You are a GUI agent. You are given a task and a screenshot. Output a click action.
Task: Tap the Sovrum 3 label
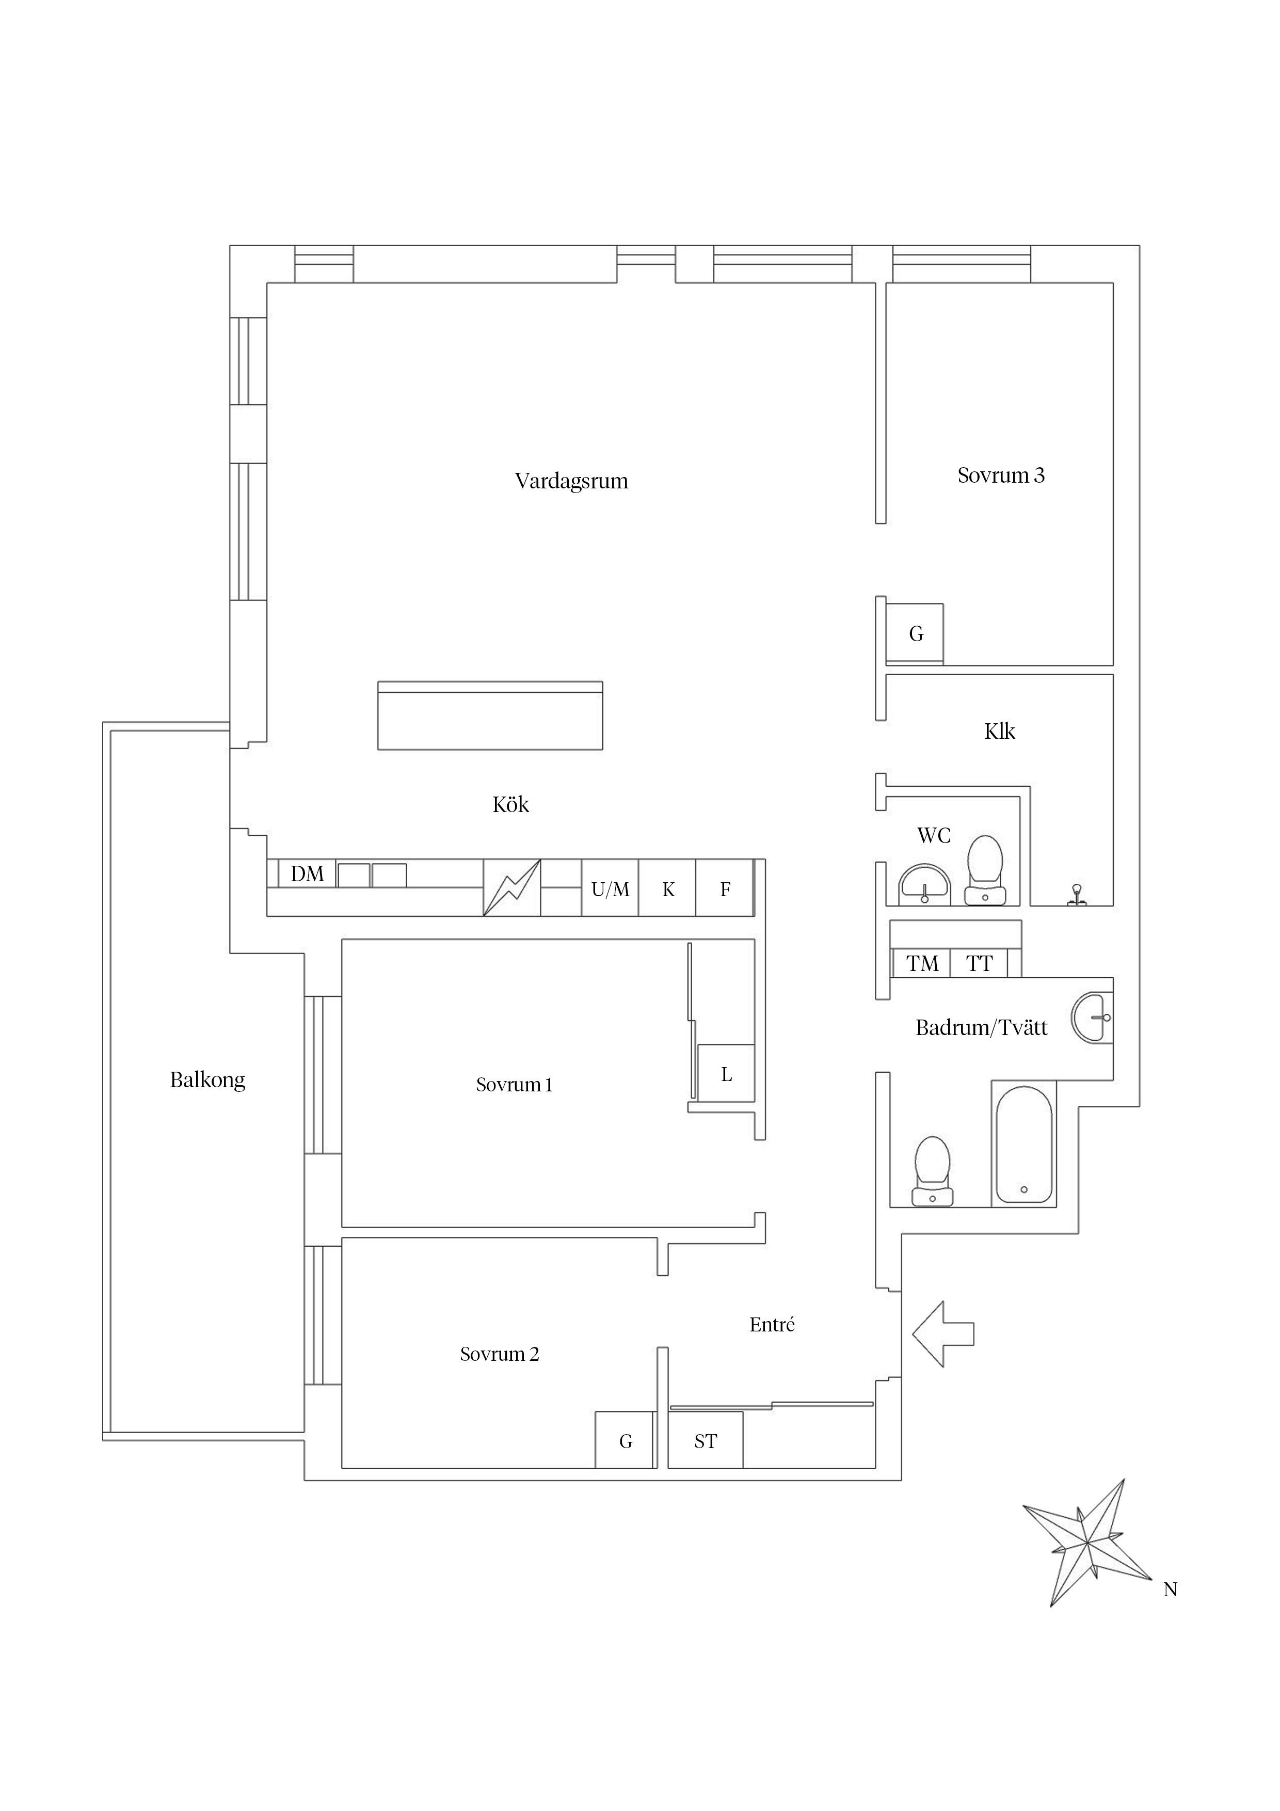1000,475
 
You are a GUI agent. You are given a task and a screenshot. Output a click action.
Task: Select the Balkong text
207,1080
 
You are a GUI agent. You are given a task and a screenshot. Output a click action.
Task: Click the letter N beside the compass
1170,1590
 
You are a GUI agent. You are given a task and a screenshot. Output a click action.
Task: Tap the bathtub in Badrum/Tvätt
1023,1145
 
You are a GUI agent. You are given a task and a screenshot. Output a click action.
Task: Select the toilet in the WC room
984,870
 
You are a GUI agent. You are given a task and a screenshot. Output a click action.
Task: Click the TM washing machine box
921,964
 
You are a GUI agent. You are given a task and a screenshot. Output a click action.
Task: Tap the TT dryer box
979,964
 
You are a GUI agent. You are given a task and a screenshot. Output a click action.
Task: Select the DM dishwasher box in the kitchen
307,874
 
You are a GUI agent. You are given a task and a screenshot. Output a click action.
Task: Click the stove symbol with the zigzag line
512,888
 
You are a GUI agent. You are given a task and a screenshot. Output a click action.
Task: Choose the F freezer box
725,889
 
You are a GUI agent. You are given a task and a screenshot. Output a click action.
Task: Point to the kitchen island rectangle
490,716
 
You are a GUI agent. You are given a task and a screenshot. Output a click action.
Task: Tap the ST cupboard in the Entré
705,1441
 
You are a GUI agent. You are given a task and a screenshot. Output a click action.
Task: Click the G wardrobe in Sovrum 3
915,633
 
